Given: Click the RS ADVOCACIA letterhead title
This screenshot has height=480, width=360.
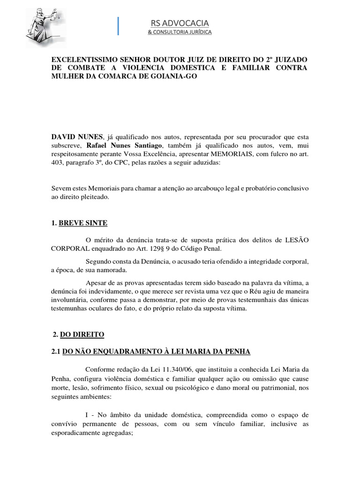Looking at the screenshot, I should [180, 23].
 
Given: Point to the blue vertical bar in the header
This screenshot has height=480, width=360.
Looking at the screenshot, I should [119, 26].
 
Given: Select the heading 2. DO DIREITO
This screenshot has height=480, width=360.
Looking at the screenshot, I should [79, 334].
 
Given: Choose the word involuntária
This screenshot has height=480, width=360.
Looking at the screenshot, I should [70, 300].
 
